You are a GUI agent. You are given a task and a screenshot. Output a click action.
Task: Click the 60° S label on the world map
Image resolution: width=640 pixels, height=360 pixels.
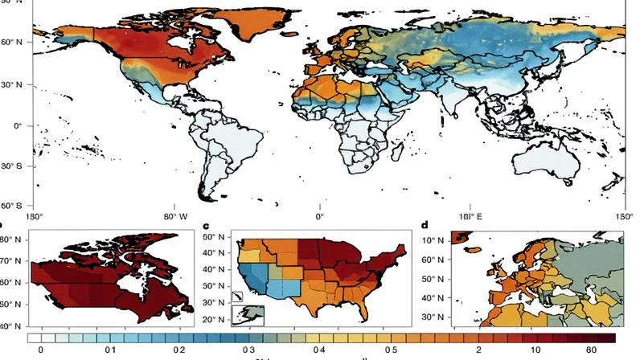tap(10, 205)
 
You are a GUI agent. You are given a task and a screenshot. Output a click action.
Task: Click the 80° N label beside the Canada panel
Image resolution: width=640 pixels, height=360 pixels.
tap(10, 240)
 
